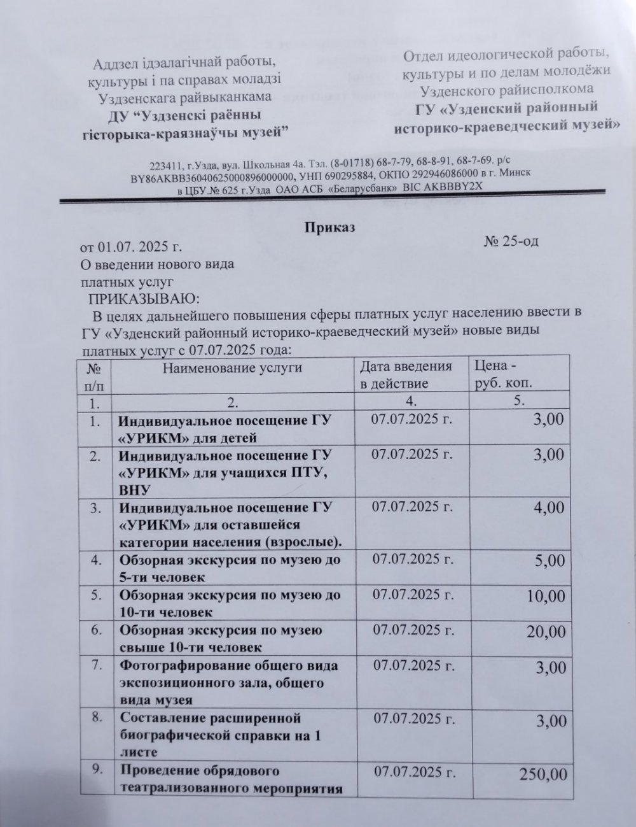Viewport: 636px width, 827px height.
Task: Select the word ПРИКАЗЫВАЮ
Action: coord(143,298)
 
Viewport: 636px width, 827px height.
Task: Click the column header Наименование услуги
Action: coord(232,367)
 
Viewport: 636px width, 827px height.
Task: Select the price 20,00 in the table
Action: coord(545,632)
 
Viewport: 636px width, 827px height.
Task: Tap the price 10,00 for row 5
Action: coord(545,596)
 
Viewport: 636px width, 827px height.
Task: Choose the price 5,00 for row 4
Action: coord(549,561)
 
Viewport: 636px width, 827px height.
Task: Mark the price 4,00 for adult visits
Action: coord(549,507)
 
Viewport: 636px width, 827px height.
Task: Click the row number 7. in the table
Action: coord(97,666)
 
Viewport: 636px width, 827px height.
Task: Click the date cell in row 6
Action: coord(413,630)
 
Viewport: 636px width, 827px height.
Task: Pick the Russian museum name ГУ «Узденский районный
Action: coord(507,108)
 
